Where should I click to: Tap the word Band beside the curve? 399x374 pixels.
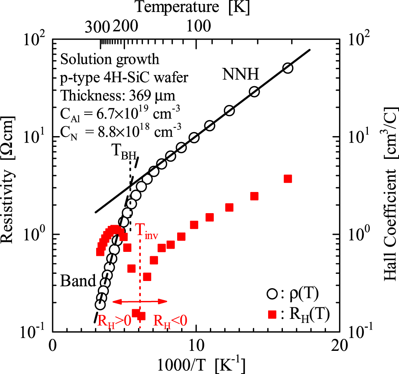(78, 281)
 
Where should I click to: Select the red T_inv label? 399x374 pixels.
(146, 231)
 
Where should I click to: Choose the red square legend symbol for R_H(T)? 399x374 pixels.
(272, 315)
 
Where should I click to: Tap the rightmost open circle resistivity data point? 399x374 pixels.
(288, 68)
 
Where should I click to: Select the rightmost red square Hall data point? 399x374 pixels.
(288, 178)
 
